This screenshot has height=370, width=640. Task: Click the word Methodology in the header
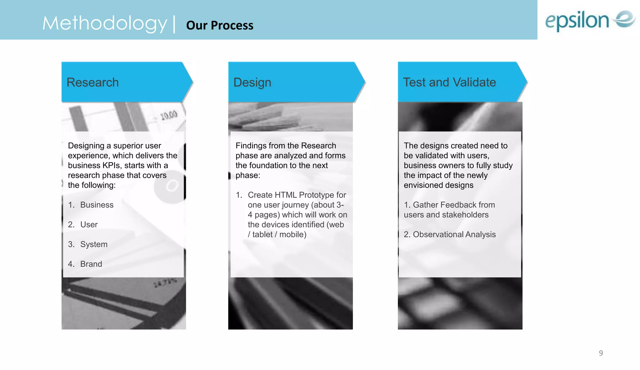[x=105, y=23]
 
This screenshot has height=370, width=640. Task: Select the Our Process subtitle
[x=220, y=25]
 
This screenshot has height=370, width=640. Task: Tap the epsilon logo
[x=590, y=20]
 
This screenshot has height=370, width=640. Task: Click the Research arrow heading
[x=93, y=82]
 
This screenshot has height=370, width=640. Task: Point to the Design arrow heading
[x=252, y=82]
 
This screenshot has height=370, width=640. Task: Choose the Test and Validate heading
[x=449, y=82]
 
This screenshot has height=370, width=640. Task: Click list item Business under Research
[x=97, y=205]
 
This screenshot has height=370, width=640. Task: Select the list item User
[x=89, y=224]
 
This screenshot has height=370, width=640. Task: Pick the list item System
[x=94, y=244]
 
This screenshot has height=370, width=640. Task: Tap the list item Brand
[x=91, y=264]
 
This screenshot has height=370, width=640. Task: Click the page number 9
[x=601, y=353]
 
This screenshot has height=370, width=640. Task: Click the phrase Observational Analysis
[x=454, y=234]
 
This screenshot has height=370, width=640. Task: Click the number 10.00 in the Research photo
[x=169, y=116]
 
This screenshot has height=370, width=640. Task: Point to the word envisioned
[x=422, y=185]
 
